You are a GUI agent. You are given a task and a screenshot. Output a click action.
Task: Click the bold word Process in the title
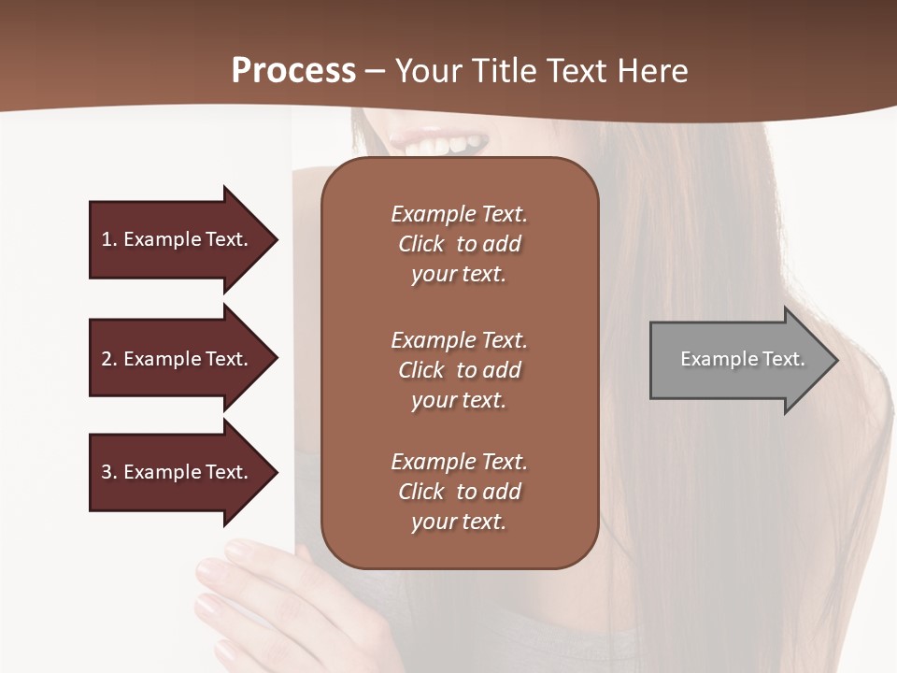pos(293,71)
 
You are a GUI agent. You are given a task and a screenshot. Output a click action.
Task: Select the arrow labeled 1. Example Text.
pos(178,239)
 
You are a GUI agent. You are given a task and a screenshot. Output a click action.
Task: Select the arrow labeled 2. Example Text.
pos(178,359)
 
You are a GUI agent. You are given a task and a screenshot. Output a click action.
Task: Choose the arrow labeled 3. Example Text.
pos(178,472)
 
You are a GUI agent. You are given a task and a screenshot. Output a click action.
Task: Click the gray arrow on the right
pos(738,360)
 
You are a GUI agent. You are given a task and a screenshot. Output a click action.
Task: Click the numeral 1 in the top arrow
pos(106,239)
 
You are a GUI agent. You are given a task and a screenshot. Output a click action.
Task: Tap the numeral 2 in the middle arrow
pos(107,359)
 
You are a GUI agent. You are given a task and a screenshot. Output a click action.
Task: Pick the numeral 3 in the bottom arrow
pos(107,472)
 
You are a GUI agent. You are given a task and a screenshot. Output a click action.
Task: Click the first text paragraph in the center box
pos(459,244)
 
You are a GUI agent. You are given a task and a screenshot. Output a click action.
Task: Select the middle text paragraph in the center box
pos(459,370)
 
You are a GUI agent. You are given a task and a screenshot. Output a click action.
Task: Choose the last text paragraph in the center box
pos(459,492)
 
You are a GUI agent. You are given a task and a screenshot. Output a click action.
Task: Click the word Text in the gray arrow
pos(783,359)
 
